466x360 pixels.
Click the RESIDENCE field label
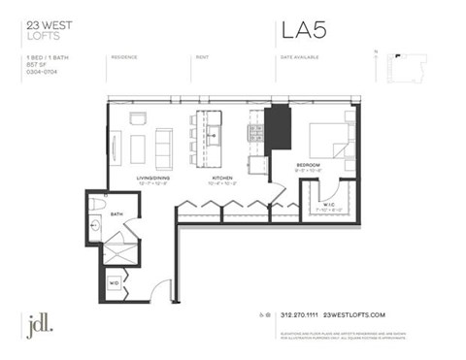pyautogui.click(x=124, y=57)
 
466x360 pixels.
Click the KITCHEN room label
pyautogui.click(x=224, y=180)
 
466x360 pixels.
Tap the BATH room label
pyautogui.click(x=116, y=213)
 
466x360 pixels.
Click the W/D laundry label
pyautogui.click(x=114, y=282)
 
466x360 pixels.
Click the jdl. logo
pyautogui.click(x=40, y=323)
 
